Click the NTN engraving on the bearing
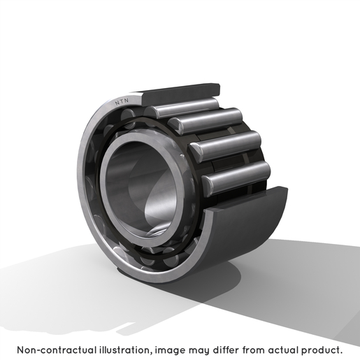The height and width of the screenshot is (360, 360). click(x=122, y=101)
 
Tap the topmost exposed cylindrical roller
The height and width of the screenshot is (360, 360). click(x=182, y=108)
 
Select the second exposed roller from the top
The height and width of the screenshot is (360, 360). click(x=206, y=121)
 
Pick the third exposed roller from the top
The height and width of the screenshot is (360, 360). click(x=226, y=146)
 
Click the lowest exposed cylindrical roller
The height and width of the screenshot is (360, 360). click(x=236, y=178)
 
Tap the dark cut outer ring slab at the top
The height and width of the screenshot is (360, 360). click(x=180, y=94)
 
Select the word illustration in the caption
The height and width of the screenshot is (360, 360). click(x=126, y=350)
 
